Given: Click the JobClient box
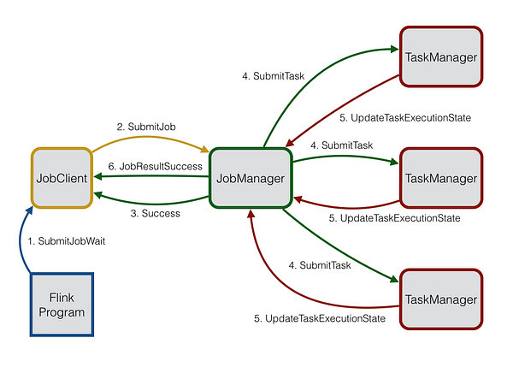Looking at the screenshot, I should [62, 179].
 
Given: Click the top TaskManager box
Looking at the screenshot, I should [441, 56].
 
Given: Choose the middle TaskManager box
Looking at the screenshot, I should [441, 178].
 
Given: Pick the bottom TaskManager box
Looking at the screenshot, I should [441, 299].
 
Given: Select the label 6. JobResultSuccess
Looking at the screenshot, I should [156, 165].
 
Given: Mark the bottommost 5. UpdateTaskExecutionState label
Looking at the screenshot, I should [320, 318].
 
